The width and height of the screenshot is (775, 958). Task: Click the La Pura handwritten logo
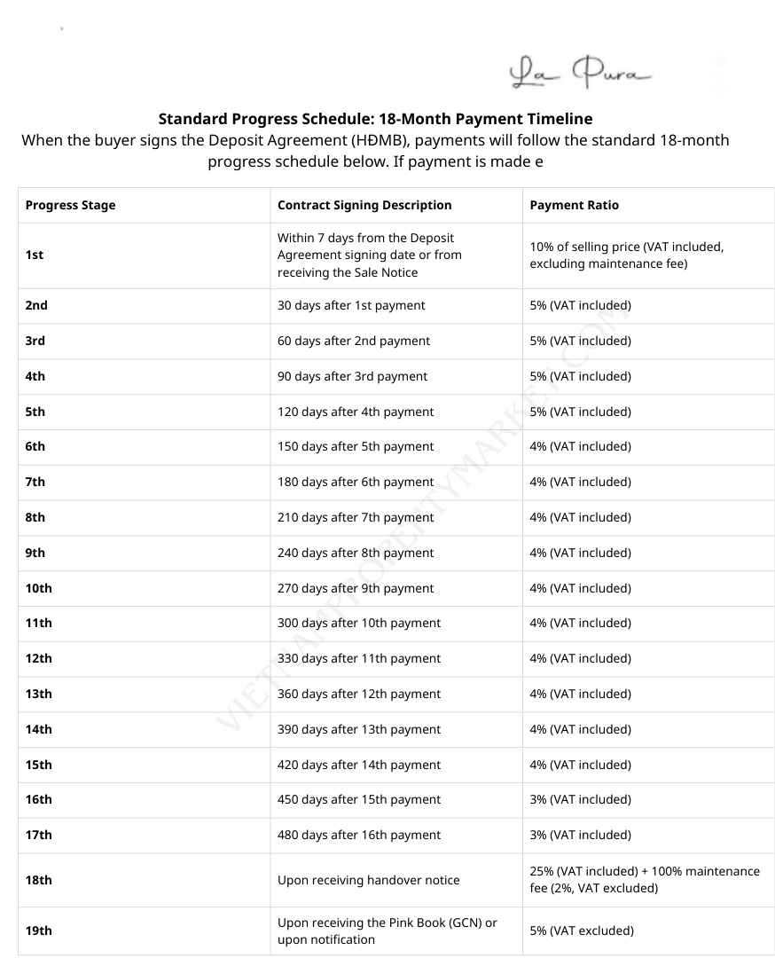click(x=580, y=74)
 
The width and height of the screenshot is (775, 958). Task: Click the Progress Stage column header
click(x=71, y=205)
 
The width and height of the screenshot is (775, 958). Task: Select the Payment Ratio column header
click(x=575, y=205)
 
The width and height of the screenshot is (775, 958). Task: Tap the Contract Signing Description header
click(x=364, y=205)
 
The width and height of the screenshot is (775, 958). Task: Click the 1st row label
click(x=35, y=255)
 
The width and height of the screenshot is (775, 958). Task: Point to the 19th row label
click(x=39, y=931)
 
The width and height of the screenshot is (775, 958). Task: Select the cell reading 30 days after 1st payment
click(x=351, y=305)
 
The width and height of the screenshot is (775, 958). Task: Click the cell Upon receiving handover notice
click(x=369, y=880)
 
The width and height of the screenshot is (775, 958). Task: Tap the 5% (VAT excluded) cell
click(x=582, y=931)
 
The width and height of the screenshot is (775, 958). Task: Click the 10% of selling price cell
click(x=627, y=255)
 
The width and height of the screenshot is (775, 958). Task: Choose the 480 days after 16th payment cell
click(x=359, y=835)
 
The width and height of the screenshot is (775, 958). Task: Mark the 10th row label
click(x=39, y=588)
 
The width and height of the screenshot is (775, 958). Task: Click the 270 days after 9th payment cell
click(x=356, y=588)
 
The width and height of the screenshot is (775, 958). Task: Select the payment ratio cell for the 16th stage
click(x=581, y=799)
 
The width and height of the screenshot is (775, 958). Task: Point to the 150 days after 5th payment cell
click(x=356, y=446)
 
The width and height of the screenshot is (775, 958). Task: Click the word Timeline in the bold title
click(x=560, y=119)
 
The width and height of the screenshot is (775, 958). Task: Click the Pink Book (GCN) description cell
click(x=387, y=931)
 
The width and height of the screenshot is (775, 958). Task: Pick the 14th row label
click(x=39, y=729)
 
